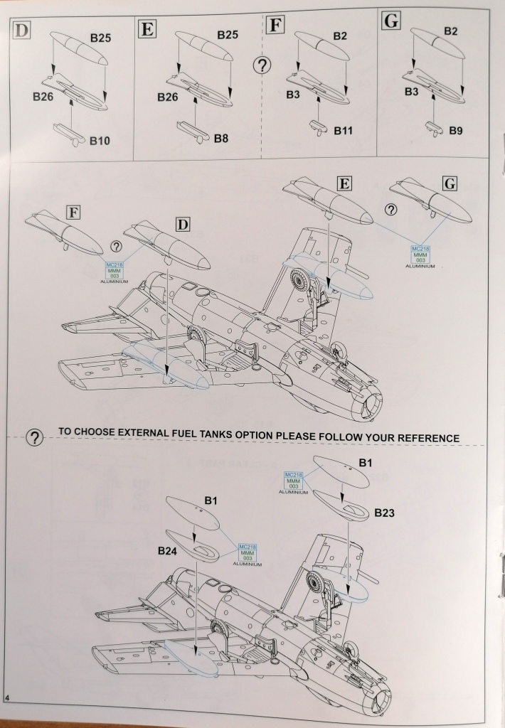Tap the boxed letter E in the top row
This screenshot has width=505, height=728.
tap(148, 29)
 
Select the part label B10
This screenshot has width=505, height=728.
tap(100, 141)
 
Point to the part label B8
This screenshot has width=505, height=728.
tap(221, 139)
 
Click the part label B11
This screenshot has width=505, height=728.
tap(344, 131)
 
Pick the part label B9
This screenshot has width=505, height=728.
tap(456, 131)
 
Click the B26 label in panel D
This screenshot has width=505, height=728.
tap(44, 98)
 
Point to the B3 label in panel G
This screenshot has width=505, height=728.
tap(412, 92)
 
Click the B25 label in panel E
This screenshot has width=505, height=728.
tap(228, 34)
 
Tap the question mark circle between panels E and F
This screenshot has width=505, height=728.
tap(262, 66)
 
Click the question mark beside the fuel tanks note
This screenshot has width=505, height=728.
tap(34, 438)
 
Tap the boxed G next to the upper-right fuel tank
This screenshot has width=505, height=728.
tap(449, 184)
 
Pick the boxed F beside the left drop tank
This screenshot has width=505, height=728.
tap(73, 211)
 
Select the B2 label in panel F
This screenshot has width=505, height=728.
tap(339, 36)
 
